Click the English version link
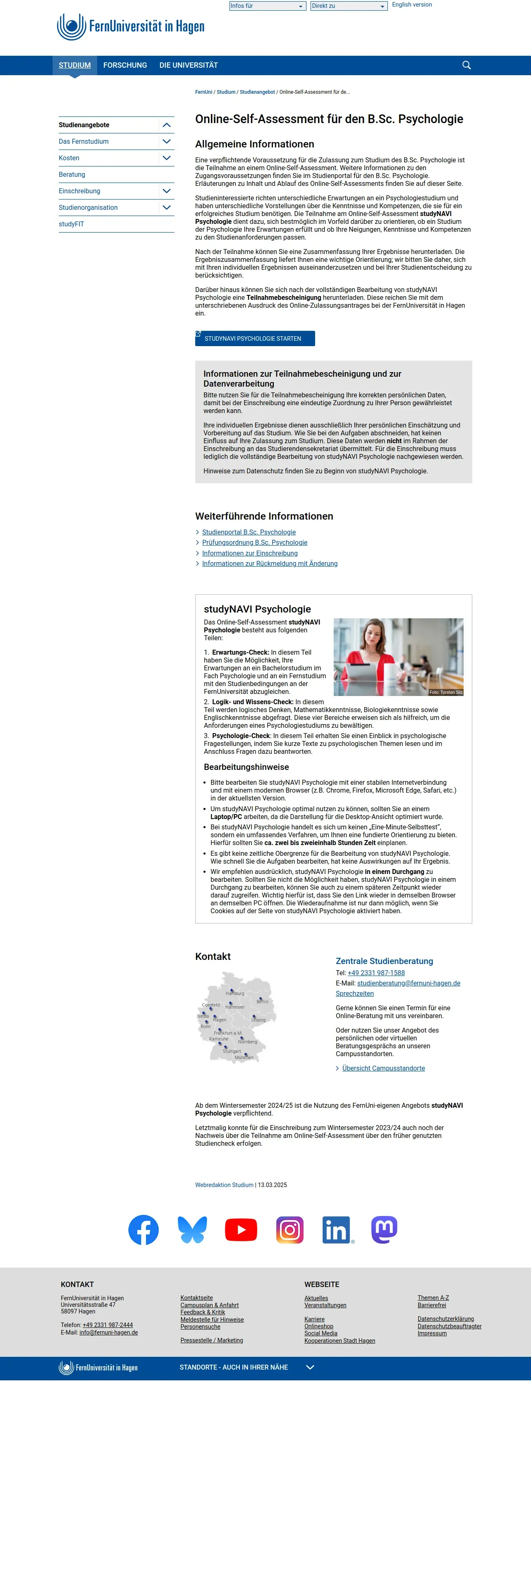[x=412, y=5]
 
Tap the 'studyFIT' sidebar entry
[x=72, y=224]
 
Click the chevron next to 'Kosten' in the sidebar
[x=166, y=158]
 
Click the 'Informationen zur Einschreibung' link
[x=250, y=553]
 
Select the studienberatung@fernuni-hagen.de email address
[x=408, y=983]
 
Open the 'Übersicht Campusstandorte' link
[x=383, y=1069]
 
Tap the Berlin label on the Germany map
[x=262, y=1001]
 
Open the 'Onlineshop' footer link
[x=318, y=1327]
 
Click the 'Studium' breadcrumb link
[x=226, y=93]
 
